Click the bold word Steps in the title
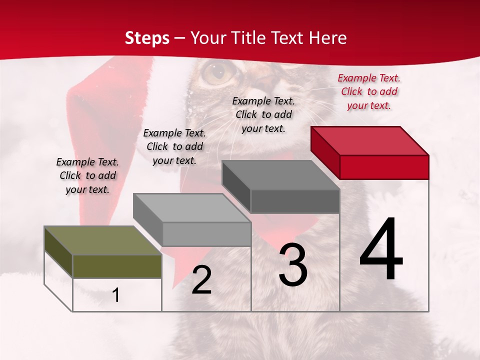click(147, 38)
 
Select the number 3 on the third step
click(293, 265)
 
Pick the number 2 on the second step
click(201, 280)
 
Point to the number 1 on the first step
click(116, 295)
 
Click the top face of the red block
click(370, 141)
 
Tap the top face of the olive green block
click(103, 240)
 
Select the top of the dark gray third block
click(281, 175)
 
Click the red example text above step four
click(369, 91)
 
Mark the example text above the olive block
click(87, 176)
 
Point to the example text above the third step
click(263, 114)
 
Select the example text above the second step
click(174, 146)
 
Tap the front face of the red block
click(384, 167)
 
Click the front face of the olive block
click(117, 266)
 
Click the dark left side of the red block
click(325, 152)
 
